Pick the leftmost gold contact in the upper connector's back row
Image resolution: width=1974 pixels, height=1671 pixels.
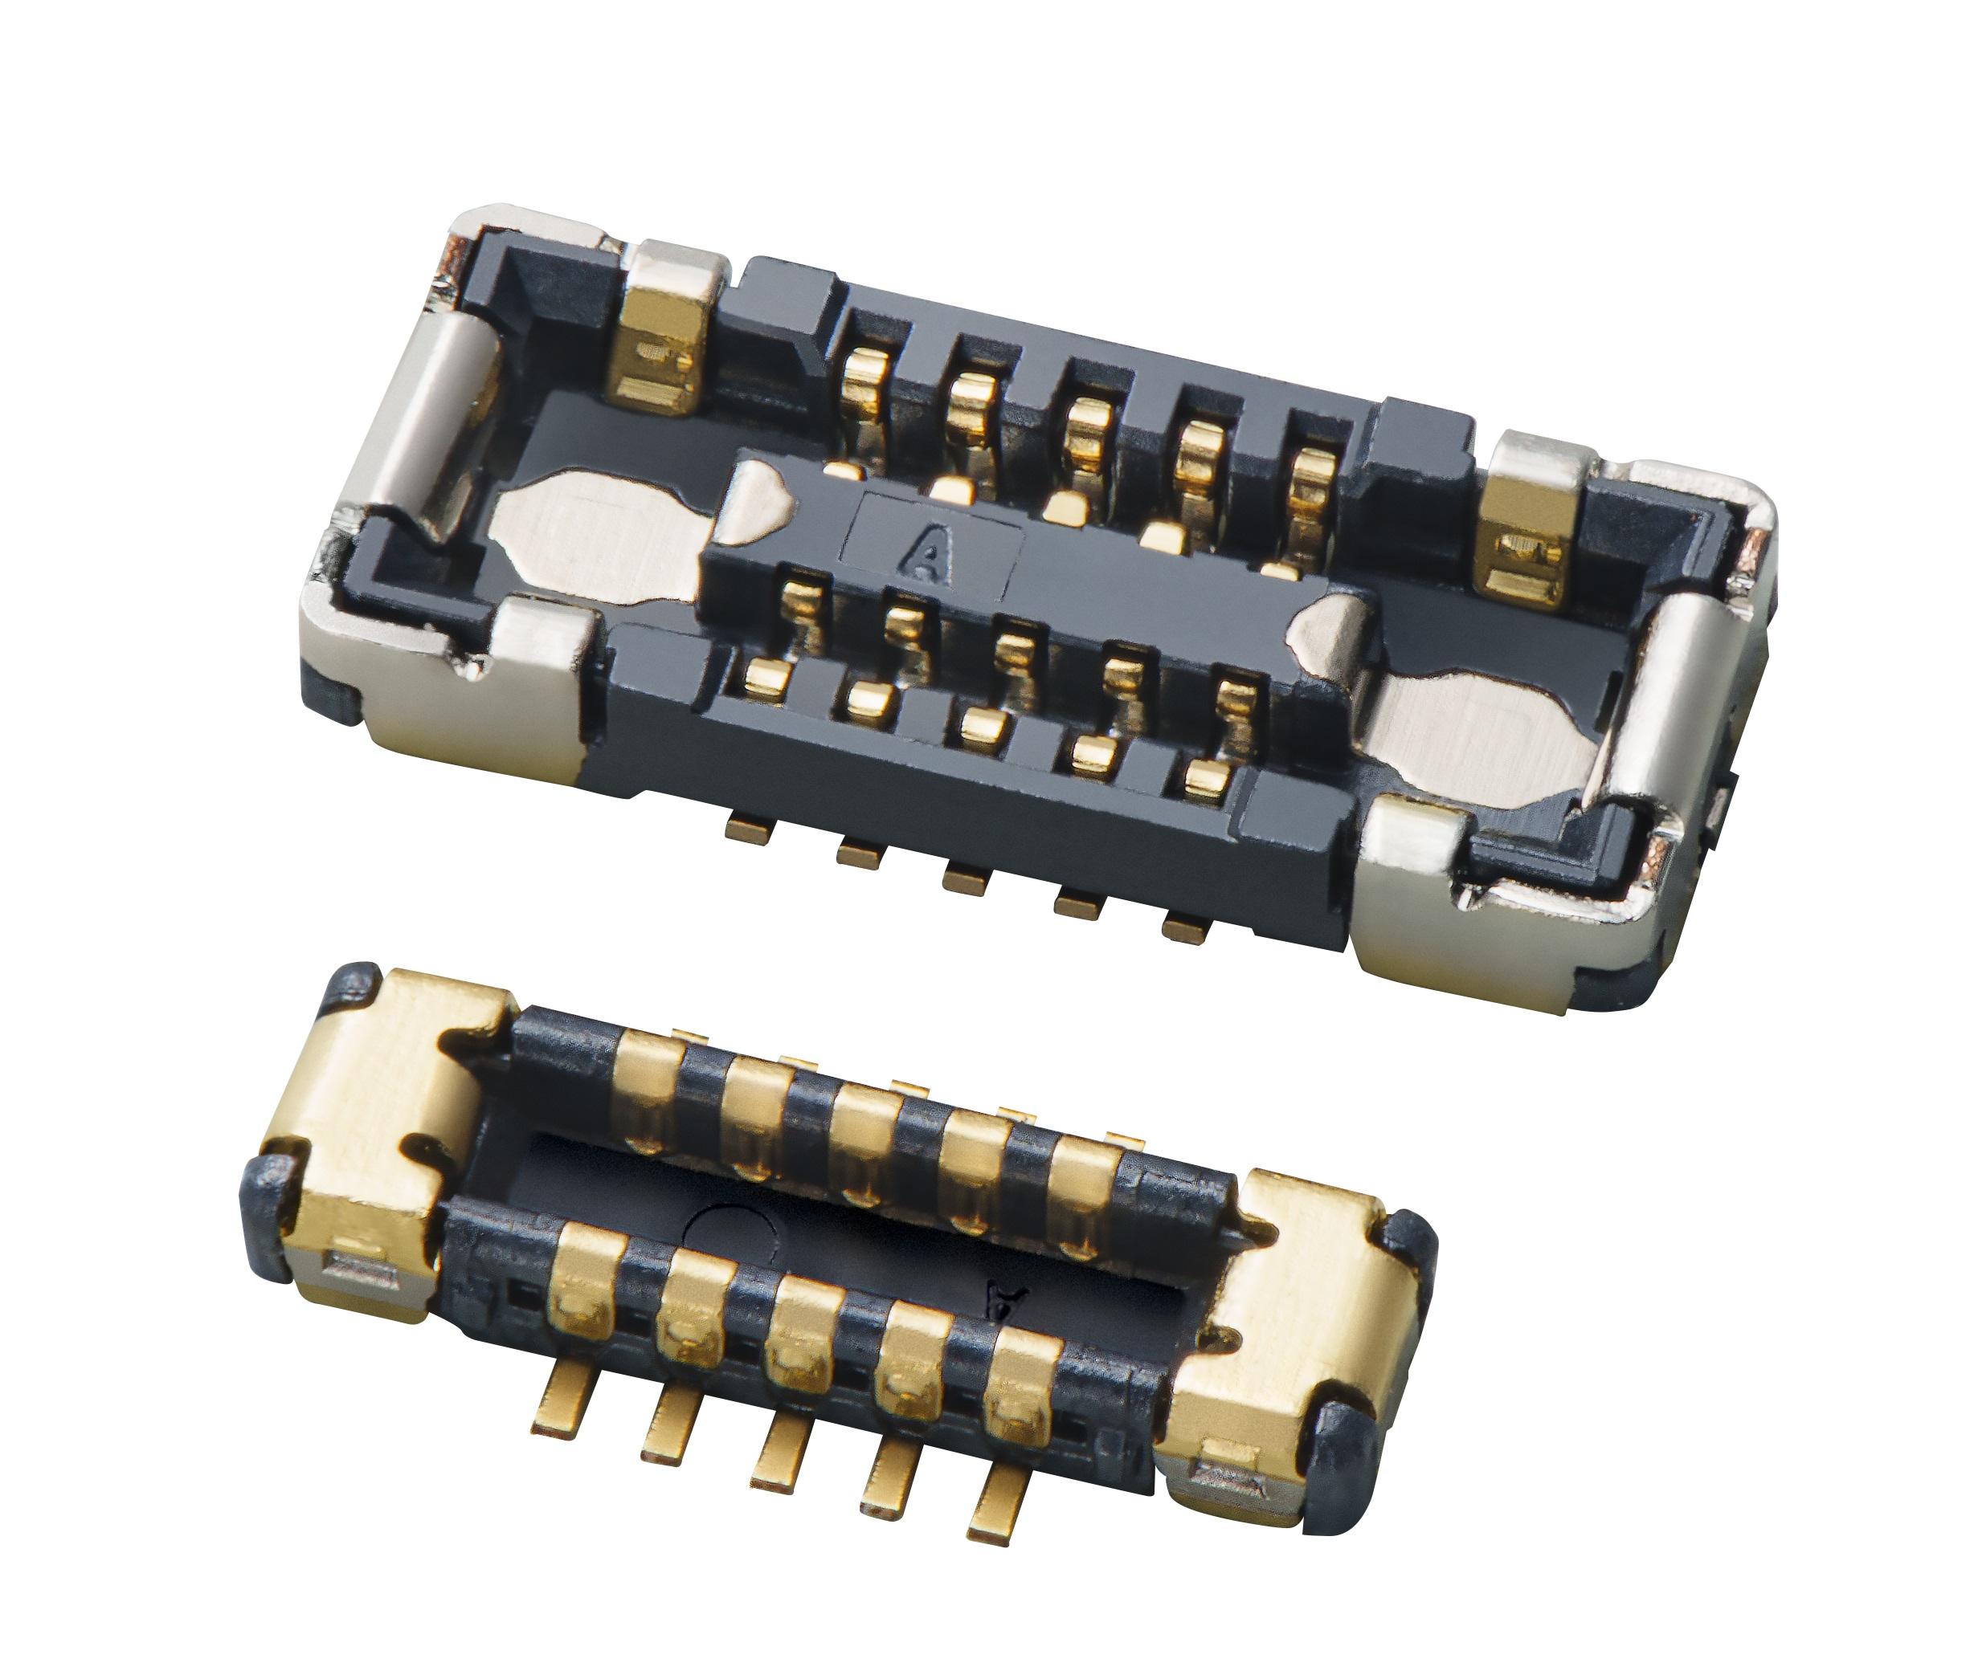(x=864, y=384)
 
